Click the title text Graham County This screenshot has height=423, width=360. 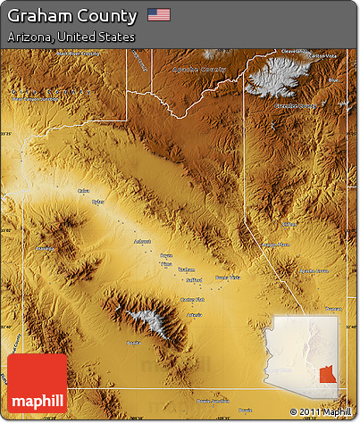[x=72, y=16]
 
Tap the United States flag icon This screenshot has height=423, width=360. [x=159, y=15]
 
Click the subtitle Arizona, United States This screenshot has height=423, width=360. [x=71, y=37]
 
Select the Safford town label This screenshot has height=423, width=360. [x=194, y=278]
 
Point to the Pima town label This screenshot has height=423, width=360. [x=165, y=264]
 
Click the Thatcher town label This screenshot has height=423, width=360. [x=186, y=269]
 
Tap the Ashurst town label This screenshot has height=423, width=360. [x=142, y=241]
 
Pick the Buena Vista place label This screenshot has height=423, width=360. [x=228, y=278]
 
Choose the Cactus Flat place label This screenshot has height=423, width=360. [x=193, y=299]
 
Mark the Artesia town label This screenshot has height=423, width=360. [x=194, y=316]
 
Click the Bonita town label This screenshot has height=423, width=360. [x=133, y=342]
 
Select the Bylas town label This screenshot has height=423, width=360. [x=97, y=202]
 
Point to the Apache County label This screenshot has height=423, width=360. [x=201, y=69]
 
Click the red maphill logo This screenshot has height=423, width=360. [x=37, y=384]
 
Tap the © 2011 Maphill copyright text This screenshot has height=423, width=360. [x=321, y=411]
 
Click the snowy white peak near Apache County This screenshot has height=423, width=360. [x=272, y=77]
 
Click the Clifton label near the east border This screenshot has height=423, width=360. [x=289, y=223]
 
